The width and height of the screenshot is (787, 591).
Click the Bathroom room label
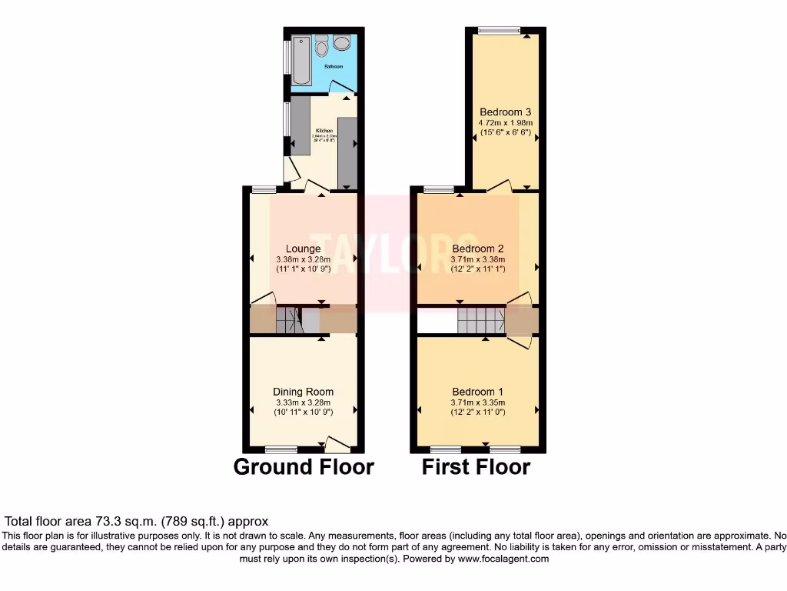334,67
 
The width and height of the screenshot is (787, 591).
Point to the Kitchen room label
323,131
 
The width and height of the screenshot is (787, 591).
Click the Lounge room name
303,249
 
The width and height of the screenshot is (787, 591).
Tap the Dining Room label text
303,392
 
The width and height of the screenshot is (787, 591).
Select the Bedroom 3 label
506,112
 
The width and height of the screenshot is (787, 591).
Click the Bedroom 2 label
477,249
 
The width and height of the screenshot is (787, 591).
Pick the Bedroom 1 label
477,391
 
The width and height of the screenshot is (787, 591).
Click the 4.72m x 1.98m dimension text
506,122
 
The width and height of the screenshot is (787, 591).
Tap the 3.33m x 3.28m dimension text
303,402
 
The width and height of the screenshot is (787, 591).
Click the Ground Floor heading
303,466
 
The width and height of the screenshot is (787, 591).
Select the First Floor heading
476,466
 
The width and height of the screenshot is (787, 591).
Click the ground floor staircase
289,319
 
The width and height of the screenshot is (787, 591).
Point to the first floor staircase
480,319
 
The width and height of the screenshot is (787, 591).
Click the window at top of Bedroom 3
498,30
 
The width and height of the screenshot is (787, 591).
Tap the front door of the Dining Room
337,444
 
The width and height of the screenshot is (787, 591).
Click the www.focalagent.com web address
503,559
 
